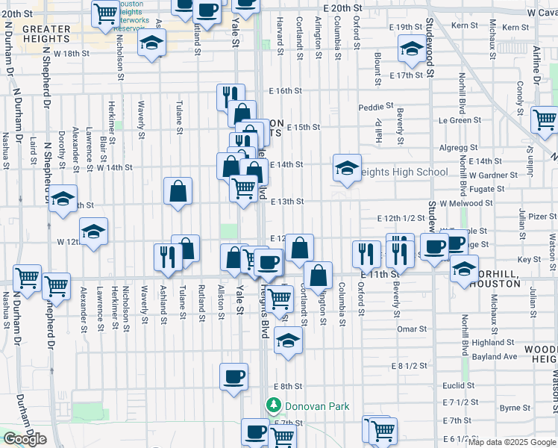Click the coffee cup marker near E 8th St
(x=233, y=376)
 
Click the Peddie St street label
(x=375, y=107)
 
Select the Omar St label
(x=411, y=329)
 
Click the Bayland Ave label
(x=495, y=357)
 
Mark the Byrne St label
(x=515, y=408)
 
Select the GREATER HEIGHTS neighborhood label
(x=46, y=34)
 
